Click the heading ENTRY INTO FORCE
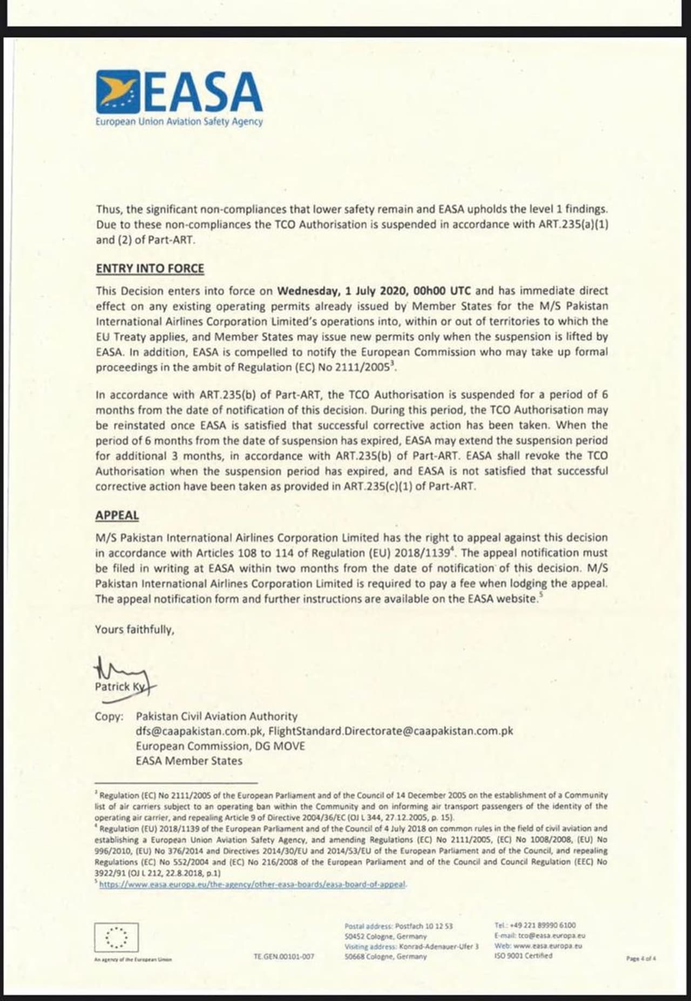click(x=150, y=269)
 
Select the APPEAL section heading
click(x=117, y=515)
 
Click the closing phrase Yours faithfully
click(x=134, y=629)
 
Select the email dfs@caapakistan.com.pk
click(x=199, y=731)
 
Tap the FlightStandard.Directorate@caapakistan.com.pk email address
click(x=390, y=731)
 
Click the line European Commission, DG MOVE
click(x=220, y=746)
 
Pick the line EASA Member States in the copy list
click(x=189, y=761)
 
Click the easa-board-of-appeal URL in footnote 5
click(x=253, y=885)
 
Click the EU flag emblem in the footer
click(x=116, y=937)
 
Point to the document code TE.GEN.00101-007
click(x=283, y=956)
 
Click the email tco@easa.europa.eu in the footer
click(x=551, y=936)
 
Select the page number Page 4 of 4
click(x=641, y=958)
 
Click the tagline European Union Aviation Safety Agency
click(x=179, y=122)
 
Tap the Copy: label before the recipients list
click(x=109, y=717)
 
